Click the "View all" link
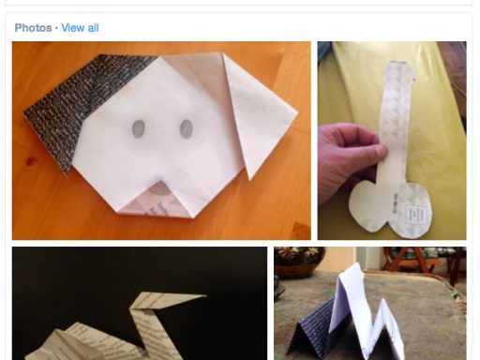point(80,28)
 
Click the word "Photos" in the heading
point(33,28)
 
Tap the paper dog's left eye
point(139,128)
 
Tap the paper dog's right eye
point(186,128)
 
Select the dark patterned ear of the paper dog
point(75,106)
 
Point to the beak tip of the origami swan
point(205,295)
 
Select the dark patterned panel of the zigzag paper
point(312,331)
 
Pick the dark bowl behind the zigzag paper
point(298,262)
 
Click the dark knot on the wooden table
point(30,161)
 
